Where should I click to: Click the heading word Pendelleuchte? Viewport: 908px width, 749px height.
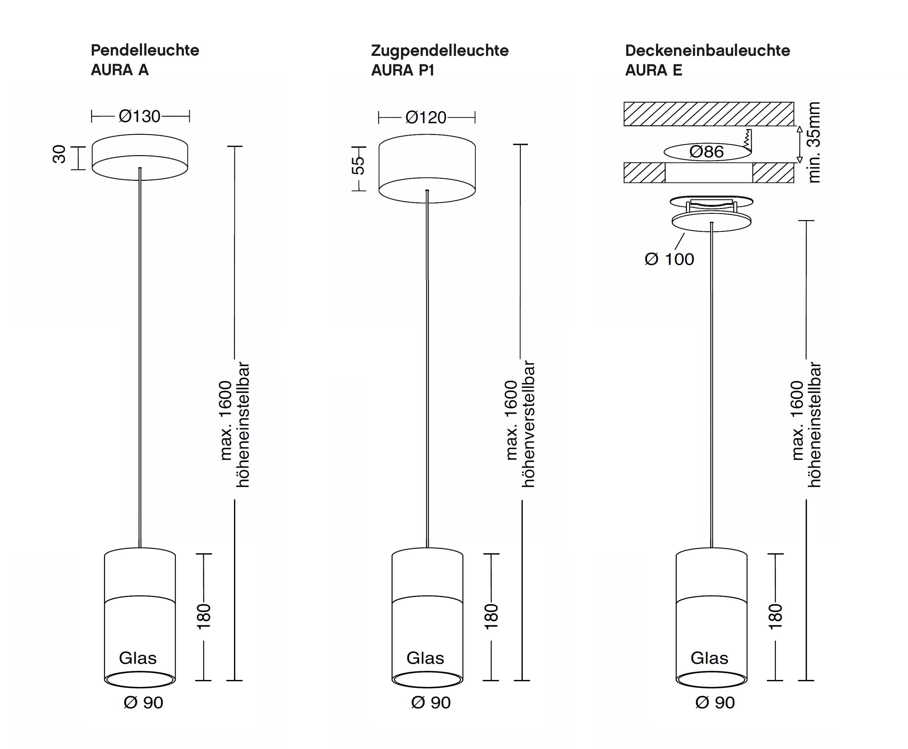[x=145, y=50]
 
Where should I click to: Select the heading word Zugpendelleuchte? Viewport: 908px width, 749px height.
[x=440, y=51]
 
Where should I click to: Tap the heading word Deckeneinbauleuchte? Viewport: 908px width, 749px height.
[x=707, y=50]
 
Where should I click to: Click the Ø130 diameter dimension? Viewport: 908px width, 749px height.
[x=140, y=116]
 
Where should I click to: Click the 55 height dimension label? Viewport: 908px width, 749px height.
[x=358, y=166]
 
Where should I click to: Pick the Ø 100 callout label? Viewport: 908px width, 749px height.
[x=669, y=259]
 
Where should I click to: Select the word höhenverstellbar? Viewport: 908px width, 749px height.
[x=528, y=424]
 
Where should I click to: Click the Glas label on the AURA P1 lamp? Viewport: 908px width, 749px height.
[x=425, y=658]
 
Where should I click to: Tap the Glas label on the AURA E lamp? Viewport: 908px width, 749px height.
[x=709, y=658]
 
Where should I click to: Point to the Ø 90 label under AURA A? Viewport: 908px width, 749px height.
[x=143, y=702]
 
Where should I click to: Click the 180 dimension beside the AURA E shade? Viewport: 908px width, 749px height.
[x=775, y=617]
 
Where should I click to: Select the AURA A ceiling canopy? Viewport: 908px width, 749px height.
[x=140, y=157]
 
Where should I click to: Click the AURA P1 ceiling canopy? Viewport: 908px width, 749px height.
[x=427, y=168]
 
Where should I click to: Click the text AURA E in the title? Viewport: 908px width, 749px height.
[x=653, y=70]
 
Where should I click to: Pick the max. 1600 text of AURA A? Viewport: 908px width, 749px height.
[x=226, y=421]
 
